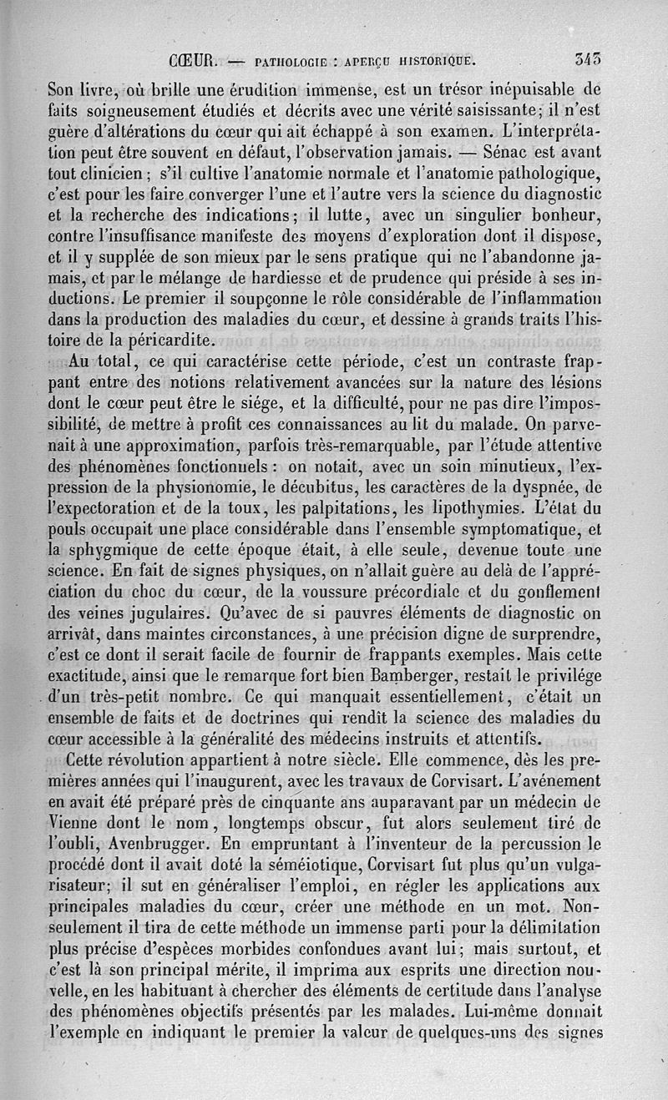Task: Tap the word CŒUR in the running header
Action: pyautogui.click(x=192, y=60)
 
